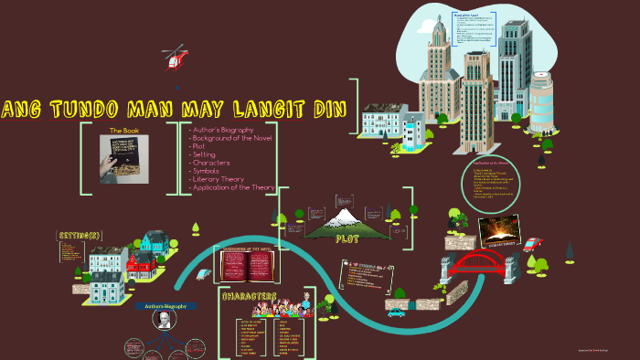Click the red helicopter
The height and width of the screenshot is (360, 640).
tap(173, 59)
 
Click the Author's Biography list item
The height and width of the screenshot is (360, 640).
tap(222, 130)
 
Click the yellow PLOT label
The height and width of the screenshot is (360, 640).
tap(347, 238)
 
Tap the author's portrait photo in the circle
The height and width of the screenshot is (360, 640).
tap(161, 320)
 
